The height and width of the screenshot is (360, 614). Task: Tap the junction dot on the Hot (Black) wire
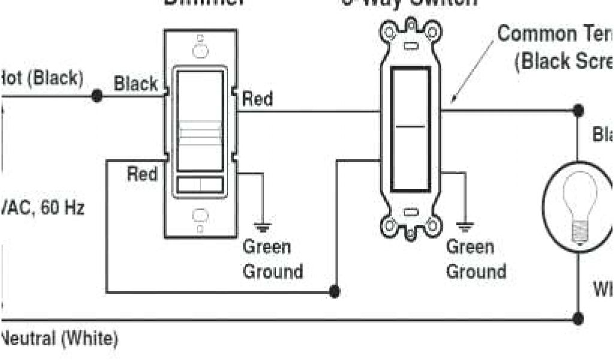pos(95,95)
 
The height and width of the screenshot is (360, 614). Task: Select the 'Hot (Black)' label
pos(42,78)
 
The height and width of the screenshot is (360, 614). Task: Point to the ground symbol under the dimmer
pos(262,227)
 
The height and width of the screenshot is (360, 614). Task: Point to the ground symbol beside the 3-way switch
pos(465,227)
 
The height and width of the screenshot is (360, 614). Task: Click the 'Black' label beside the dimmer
pos(136,84)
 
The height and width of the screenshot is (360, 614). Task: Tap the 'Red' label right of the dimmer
pos(257,99)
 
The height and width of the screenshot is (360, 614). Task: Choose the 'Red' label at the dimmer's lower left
pos(142,175)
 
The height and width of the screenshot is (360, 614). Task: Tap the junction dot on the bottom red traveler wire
pos(335,292)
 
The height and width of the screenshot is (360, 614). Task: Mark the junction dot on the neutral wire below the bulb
pos(578,319)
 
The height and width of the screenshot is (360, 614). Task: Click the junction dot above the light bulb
pos(578,110)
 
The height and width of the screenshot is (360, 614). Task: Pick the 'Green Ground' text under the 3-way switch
pos(476,259)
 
